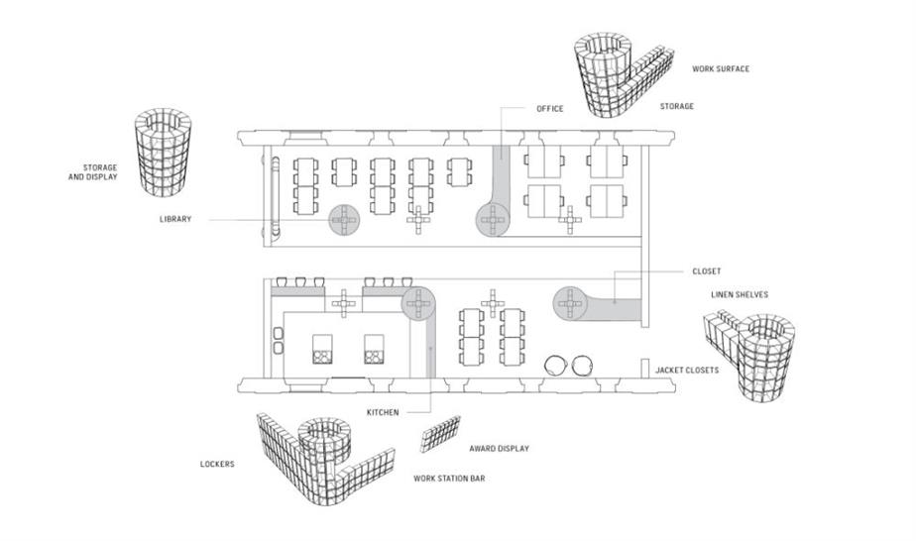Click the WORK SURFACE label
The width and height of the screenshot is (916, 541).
coord(721,69)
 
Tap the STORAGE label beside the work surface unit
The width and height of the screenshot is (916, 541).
coord(676,106)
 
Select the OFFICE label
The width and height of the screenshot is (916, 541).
coord(550,109)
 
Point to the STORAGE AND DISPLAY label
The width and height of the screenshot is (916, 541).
coord(93,172)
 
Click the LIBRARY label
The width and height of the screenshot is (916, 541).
coord(175,219)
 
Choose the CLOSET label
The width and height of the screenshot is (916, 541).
coord(706,271)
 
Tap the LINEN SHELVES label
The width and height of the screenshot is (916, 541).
coord(739,294)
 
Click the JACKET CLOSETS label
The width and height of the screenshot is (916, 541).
coord(686,370)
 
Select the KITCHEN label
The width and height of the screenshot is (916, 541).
coord(383,412)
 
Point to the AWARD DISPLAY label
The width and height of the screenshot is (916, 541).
coord(499,449)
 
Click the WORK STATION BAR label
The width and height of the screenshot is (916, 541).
coord(449,479)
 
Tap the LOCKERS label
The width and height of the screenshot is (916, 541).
coord(217,464)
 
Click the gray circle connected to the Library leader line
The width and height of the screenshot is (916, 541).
coord(344,220)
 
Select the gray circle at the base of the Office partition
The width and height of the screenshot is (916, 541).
coord(493,221)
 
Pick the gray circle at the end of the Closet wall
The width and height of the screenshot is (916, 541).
coord(569,303)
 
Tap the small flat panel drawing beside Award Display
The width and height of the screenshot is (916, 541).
coord(440,434)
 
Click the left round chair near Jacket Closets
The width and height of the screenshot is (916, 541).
coord(555,366)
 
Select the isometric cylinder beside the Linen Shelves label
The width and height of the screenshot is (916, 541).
coord(764,357)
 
